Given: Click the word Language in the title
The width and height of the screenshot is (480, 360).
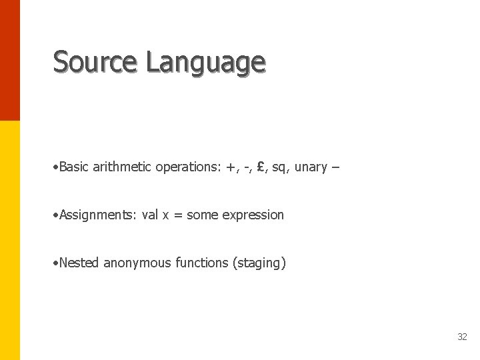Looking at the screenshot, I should [x=205, y=63].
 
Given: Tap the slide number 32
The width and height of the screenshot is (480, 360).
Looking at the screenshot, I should [x=462, y=337].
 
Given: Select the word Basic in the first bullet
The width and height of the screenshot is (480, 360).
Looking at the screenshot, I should [x=74, y=167].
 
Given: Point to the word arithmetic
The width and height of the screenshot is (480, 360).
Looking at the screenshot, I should [x=123, y=167].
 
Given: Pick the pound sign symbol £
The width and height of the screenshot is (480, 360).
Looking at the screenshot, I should [x=261, y=167].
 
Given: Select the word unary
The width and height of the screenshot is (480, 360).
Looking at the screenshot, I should [x=311, y=167].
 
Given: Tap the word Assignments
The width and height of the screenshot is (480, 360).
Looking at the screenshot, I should [x=97, y=215].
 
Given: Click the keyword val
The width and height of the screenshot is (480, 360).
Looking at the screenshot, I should [x=150, y=215].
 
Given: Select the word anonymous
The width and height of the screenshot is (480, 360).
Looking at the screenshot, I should [x=137, y=263].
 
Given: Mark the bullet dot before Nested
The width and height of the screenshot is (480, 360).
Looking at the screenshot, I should [x=55, y=263].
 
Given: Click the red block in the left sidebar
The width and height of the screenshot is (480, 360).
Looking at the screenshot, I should [x=10, y=60].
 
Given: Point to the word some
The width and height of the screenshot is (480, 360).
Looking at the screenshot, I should [x=203, y=215].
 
